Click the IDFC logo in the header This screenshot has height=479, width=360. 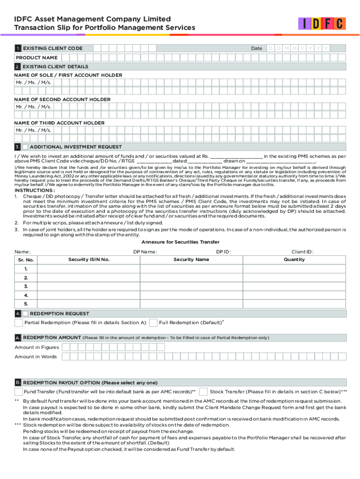[322, 24]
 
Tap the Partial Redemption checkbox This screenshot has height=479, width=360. [18, 323]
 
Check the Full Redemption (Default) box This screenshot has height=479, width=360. [153, 323]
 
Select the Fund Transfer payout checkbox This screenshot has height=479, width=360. [18, 392]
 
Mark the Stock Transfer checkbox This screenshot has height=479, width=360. [203, 392]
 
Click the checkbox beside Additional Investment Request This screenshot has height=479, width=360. [25, 147]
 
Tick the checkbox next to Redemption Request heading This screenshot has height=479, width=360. [25, 313]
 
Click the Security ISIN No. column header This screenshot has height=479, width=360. [89, 260]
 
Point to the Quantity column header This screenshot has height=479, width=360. [294, 260]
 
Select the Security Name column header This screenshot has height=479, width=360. [191, 260]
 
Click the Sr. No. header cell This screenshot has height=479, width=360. [26, 260]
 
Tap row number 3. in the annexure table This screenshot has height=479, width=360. [26, 286]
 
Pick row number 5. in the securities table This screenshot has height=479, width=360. [26, 304]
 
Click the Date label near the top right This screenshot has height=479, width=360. [256, 49]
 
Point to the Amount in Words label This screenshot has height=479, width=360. [36, 357]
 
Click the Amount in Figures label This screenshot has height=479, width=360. [36, 348]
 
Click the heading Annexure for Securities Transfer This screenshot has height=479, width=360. [180, 242]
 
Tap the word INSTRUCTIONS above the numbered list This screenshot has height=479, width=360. [34, 190]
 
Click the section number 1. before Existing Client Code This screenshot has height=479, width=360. [18, 49]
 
